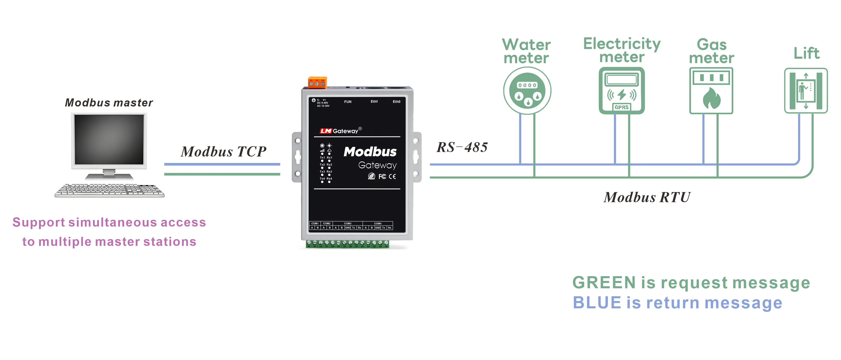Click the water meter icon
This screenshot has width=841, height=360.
pyautogui.click(x=527, y=91)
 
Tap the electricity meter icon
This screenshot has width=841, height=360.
pyautogui.click(x=622, y=90)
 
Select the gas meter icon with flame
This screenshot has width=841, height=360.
pyautogui.click(x=711, y=91)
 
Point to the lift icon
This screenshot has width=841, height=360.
pyautogui.click(x=806, y=91)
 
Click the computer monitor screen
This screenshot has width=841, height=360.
pyautogui.click(x=109, y=139)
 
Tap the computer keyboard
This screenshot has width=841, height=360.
pyautogui.click(x=109, y=191)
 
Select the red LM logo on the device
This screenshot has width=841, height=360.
pyautogui.click(x=326, y=131)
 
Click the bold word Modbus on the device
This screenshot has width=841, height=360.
pyautogui.click(x=370, y=152)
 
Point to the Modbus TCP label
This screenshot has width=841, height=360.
pyautogui.click(x=224, y=152)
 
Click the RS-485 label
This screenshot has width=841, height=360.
pyautogui.click(x=462, y=147)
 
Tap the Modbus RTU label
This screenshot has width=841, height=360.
pyautogui.click(x=647, y=197)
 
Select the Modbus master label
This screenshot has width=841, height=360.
pyautogui.click(x=109, y=103)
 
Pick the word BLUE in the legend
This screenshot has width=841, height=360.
pyautogui.click(x=597, y=303)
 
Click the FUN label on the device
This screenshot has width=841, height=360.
pyautogui.click(x=348, y=102)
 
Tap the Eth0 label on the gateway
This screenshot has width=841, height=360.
pyautogui.click(x=396, y=101)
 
